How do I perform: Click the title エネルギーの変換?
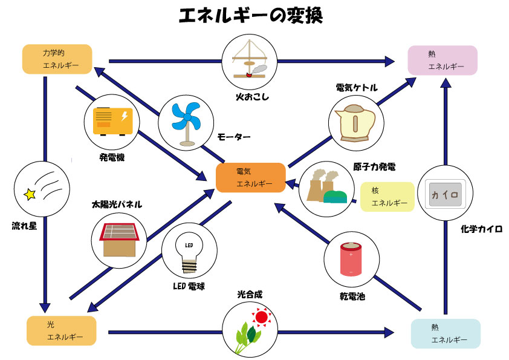coord(250,16)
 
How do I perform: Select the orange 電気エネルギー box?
coord(251,178)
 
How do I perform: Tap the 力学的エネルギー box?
coord(57,59)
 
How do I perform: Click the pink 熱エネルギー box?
coord(443,60)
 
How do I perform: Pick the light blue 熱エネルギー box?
coord(446,333)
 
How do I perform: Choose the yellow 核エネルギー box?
coord(387,196)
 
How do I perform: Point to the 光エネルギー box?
coord(62,330)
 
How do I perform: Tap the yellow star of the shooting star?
coord(28,194)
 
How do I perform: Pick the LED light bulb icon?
coord(189,254)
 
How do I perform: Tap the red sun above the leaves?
coord(261,316)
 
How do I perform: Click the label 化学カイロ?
coord(481,229)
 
